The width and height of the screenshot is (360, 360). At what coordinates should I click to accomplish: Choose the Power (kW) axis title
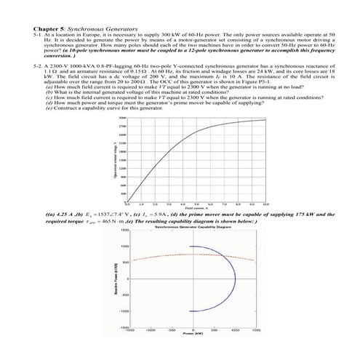tap(193, 339)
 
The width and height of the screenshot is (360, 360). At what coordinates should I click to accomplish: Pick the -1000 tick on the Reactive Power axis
tap(124, 311)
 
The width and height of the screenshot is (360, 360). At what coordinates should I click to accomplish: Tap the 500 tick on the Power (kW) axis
tap(214, 332)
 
